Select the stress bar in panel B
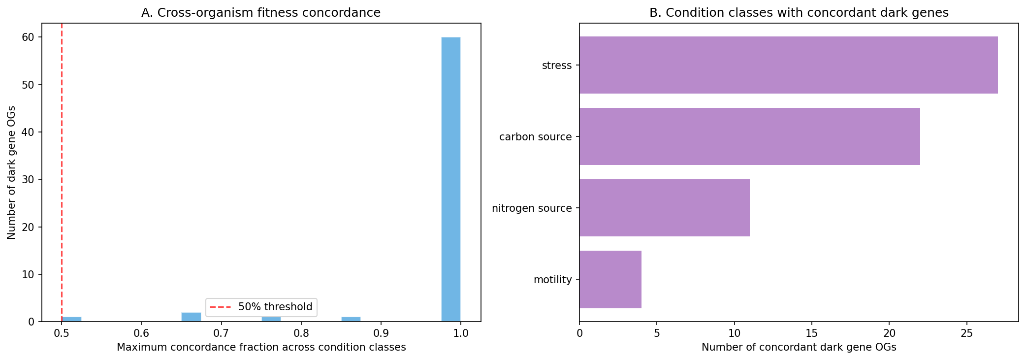(788, 65)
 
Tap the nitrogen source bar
(664, 208)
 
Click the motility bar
(610, 279)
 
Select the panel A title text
(260, 13)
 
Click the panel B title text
(799, 13)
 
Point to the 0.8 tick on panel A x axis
(301, 332)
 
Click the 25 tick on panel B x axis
(966, 332)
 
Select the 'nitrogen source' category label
(532, 208)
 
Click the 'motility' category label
(552, 280)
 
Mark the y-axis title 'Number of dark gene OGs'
(11, 172)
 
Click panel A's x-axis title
(261, 347)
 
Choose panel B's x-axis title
(799, 347)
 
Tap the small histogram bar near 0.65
(191, 317)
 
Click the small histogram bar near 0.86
(351, 319)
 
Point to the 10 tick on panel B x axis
(734, 332)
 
